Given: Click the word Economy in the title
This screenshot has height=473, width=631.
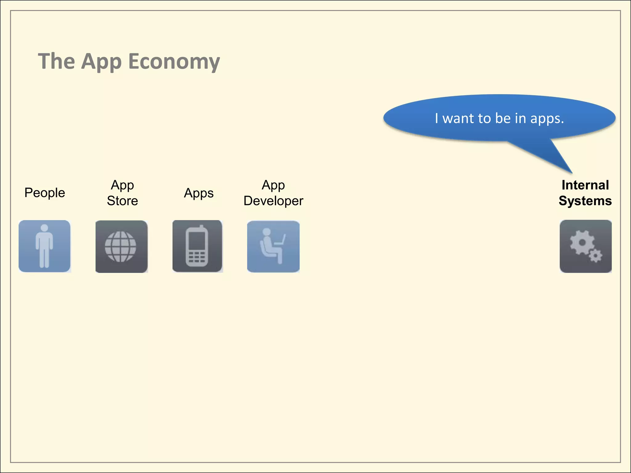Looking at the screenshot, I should coord(174,61).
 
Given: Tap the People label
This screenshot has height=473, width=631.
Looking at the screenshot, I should coord(45,193).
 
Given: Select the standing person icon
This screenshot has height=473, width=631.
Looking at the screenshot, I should coord(45,246).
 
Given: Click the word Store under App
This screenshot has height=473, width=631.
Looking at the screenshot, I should coord(122,201).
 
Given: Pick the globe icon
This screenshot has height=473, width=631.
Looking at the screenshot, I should coord(120,247).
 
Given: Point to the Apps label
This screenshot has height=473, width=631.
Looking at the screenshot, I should coord(199,193).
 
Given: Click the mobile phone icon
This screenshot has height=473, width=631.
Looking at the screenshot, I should coord(197,246).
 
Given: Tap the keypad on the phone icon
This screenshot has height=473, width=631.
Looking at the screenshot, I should coord(197,257).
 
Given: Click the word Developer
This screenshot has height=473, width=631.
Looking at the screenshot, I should coord(273,201).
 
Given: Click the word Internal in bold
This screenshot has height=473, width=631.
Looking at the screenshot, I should coord(585,185).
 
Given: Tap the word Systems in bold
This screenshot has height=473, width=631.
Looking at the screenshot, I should coord(585,201).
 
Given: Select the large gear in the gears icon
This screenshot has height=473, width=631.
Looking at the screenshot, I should coord(582,243).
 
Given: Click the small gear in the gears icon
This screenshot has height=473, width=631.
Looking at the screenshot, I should coord(596,256).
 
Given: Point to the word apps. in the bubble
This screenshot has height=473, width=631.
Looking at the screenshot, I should coord(547,119).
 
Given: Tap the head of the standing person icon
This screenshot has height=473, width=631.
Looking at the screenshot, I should coord(44,228).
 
